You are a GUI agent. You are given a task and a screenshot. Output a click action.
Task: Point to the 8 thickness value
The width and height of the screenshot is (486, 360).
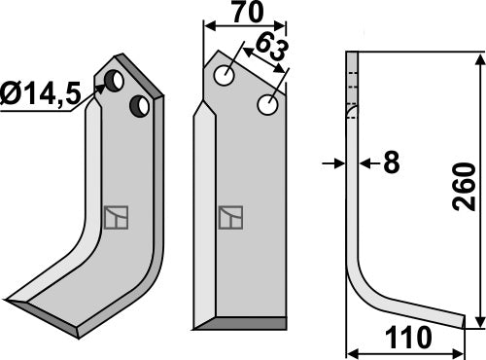coord(391,162)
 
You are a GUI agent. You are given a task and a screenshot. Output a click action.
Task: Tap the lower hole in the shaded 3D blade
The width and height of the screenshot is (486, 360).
coord(142,105)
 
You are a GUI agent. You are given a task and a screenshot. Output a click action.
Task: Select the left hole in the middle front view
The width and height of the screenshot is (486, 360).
coord(226,75)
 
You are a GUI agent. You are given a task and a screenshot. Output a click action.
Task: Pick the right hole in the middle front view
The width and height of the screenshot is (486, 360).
coord(265,102)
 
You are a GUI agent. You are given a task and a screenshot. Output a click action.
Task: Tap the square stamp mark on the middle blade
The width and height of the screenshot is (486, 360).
coord(230,217)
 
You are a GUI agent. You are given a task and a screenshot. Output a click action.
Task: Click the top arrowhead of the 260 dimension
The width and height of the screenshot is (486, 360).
coord(477,59)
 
